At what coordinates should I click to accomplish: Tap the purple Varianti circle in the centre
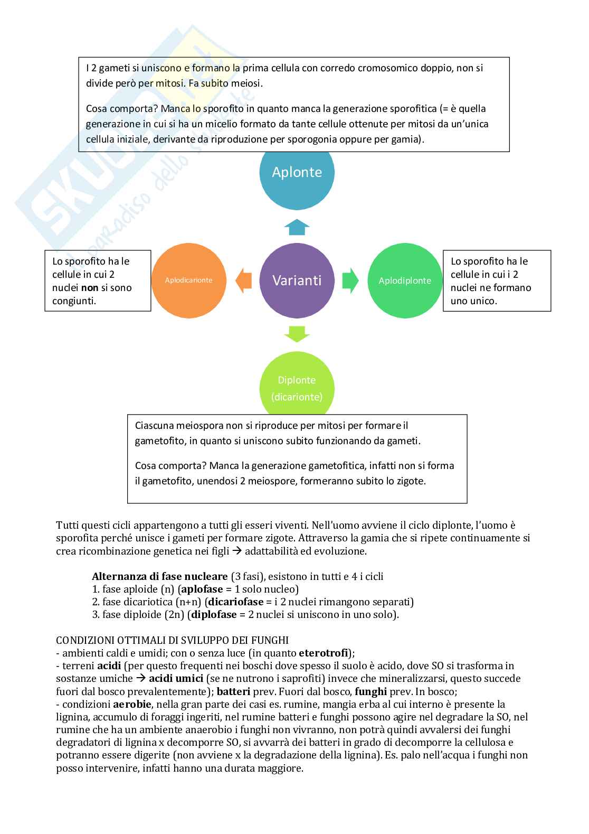tap(297, 280)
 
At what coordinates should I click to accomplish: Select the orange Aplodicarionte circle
tap(188, 280)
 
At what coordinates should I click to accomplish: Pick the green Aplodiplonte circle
tap(405, 280)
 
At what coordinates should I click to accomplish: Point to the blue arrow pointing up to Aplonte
tap(297, 227)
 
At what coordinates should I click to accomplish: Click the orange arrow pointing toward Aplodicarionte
tap(243, 280)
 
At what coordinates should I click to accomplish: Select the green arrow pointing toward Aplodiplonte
tap(350, 280)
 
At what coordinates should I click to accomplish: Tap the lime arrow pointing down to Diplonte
tap(297, 334)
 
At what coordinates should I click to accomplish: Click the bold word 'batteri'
tap(233, 691)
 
